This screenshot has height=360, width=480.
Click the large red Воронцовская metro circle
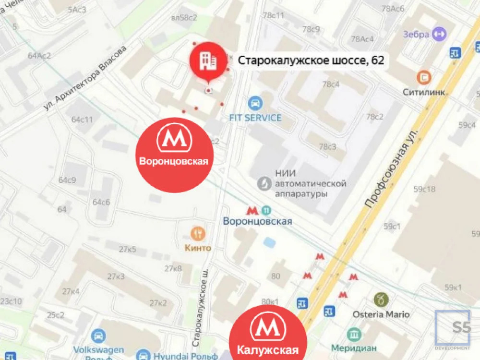[173, 155]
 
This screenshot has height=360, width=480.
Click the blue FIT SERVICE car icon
[255, 103]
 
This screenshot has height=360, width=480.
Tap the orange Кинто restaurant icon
[198, 234]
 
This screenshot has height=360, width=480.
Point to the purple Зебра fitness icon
[439, 34]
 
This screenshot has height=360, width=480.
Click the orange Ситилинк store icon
[424, 77]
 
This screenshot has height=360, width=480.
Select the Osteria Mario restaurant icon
[382, 299]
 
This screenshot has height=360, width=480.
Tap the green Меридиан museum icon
[354, 334]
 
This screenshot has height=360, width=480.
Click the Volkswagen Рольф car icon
[98, 336]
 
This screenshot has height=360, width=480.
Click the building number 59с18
[423, 189]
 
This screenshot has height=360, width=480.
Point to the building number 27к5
[128, 249]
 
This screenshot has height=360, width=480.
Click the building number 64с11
[82, 119]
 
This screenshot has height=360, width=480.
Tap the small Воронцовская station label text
[258, 221]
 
